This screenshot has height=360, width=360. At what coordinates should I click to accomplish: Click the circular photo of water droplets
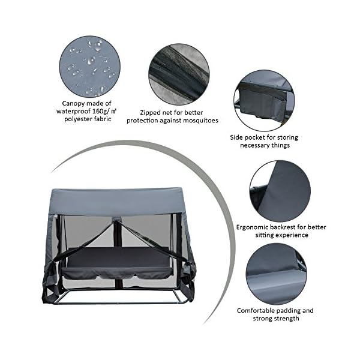[90, 66]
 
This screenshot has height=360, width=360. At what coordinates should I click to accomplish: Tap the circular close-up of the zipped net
[179, 74]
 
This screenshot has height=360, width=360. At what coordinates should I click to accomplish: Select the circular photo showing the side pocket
[264, 101]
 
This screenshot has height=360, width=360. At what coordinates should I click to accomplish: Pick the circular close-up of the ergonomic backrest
[280, 191]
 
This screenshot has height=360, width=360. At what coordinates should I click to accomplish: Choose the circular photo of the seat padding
[276, 274]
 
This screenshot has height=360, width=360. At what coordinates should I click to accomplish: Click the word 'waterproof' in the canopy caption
[74, 112]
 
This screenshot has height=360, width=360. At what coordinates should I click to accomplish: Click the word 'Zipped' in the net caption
[150, 113]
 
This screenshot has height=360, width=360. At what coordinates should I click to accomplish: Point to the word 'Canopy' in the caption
[73, 104]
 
